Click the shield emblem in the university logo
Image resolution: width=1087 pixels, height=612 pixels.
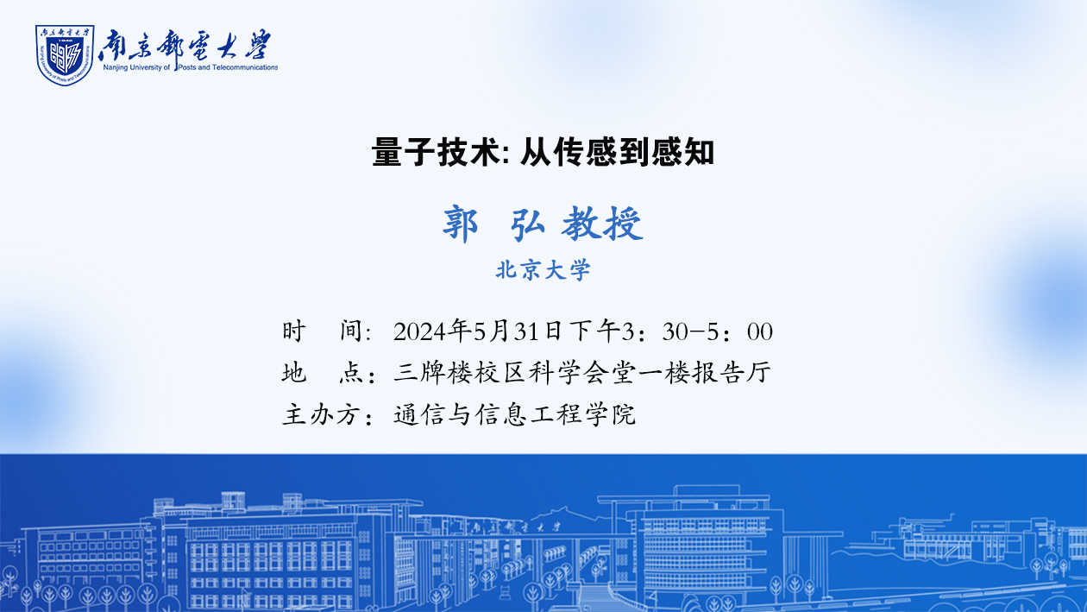pos(65,55)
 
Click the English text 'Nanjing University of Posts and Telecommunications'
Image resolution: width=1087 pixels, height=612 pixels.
pos(190,67)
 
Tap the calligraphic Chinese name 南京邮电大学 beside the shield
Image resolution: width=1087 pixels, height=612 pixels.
pos(185,45)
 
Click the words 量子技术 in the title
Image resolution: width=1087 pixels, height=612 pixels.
pos(436,152)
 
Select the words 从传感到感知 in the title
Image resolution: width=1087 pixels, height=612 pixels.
pos(617,152)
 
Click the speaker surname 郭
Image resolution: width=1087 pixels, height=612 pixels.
pos(460,224)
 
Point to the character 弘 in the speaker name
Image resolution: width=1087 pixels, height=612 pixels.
pos(527,224)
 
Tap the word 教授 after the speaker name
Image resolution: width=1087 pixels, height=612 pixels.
pos(602,224)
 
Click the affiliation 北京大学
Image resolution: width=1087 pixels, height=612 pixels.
pos(543,269)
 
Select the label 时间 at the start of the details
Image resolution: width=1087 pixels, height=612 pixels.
pos(327,331)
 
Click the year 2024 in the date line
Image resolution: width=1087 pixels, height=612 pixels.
pos(420,332)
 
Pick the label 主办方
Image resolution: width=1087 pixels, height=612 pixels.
pos(328,415)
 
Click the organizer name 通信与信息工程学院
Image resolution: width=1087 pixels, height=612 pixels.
pos(514,415)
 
